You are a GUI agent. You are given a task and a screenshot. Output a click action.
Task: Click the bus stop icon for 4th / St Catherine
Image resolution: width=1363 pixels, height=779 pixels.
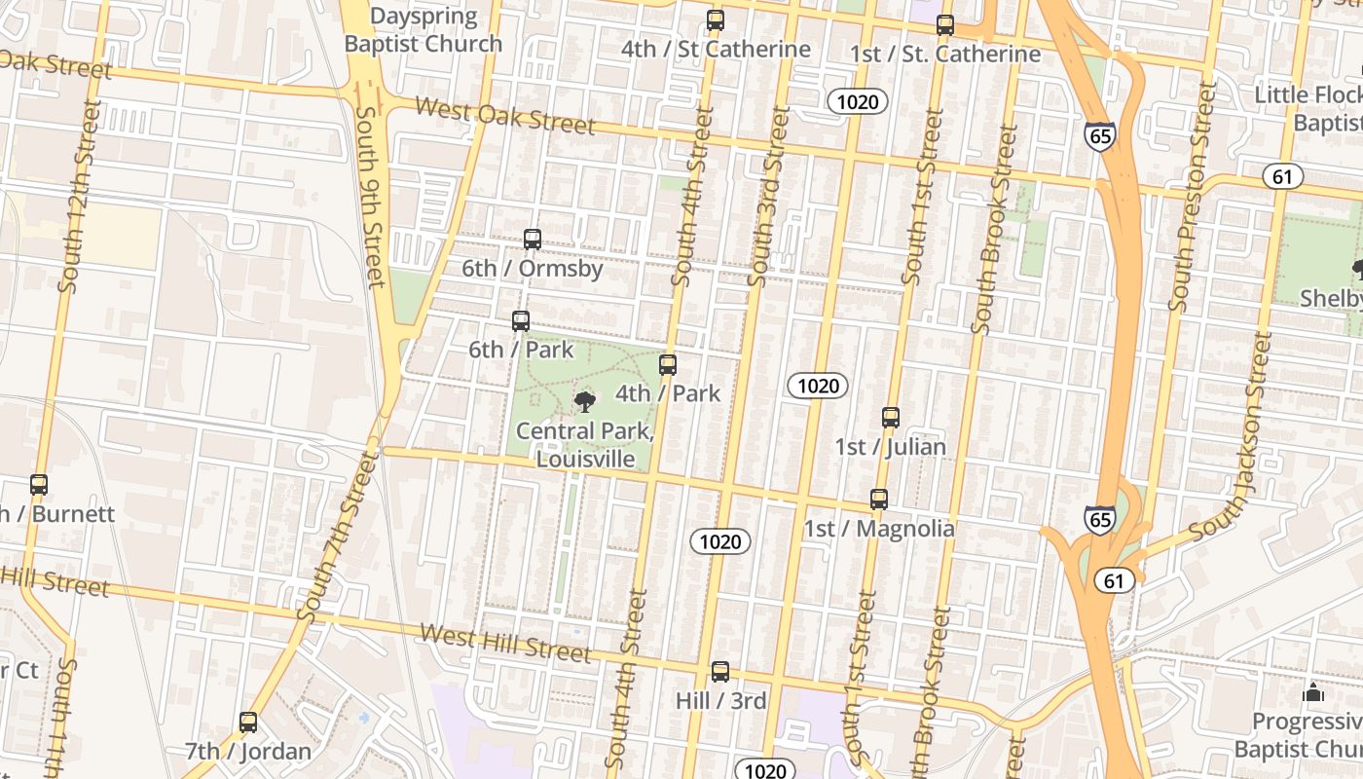pos(716,20)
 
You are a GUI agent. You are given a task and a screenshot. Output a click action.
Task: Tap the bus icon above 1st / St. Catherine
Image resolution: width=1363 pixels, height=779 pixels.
pos(945,25)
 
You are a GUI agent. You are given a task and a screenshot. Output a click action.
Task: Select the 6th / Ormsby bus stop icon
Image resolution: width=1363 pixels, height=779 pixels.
pos(533,240)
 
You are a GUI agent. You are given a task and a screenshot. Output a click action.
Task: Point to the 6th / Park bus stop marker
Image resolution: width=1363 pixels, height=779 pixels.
pos(521,321)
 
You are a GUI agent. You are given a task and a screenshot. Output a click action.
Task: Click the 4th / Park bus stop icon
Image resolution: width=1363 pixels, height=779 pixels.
pos(668,365)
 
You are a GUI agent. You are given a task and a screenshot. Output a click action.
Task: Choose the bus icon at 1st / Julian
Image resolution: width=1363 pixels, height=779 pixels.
pos(891,418)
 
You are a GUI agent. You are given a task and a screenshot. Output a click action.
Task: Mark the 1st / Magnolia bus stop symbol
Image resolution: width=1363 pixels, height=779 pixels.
pos(879,500)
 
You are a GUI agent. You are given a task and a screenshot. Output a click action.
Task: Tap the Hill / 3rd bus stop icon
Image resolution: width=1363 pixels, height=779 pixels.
pos(720,672)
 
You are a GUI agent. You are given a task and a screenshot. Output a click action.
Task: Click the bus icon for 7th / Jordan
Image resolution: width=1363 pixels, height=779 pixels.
pos(248,723)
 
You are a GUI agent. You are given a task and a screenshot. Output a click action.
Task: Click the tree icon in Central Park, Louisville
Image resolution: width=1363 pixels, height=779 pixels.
pos(585,400)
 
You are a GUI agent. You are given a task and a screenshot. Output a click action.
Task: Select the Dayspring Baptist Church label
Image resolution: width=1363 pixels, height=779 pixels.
pos(424,30)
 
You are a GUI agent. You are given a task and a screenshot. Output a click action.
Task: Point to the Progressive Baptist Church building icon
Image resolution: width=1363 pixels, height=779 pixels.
pos(1313,693)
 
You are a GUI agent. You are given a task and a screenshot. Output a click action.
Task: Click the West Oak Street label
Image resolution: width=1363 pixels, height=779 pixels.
pos(505,116)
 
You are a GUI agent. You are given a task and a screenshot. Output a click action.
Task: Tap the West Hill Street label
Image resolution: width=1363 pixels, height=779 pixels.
pos(505,644)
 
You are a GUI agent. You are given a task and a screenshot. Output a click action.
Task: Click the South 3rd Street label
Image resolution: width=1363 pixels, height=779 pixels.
pos(768,197)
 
